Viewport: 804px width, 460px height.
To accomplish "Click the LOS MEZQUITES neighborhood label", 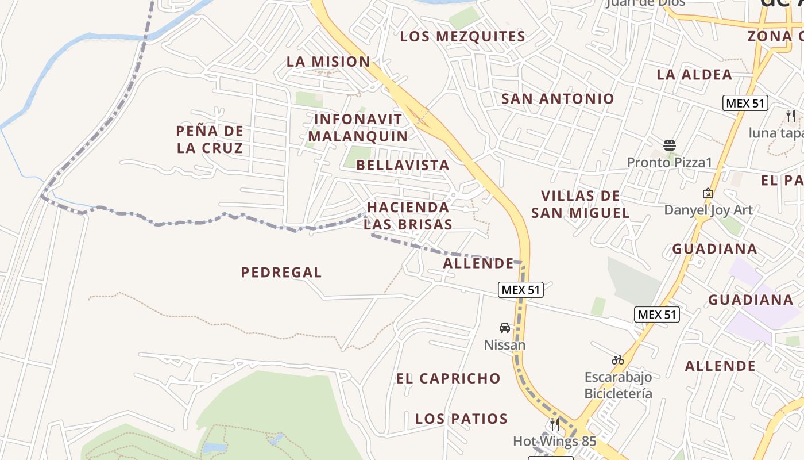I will tap(462, 36).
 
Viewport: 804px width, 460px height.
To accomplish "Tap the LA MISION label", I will tap(328, 62).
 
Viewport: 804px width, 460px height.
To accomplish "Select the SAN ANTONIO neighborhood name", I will tap(558, 98).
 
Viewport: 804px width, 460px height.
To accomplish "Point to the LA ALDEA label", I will tap(694, 74).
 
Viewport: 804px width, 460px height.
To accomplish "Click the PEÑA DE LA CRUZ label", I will tap(210, 139).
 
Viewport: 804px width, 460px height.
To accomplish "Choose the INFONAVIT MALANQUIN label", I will tap(358, 128).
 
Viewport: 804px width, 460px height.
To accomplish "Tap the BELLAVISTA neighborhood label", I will tap(403, 165).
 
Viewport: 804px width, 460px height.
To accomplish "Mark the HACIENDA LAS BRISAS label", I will tap(408, 216).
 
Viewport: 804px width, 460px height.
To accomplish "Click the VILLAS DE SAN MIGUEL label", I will tap(580, 204).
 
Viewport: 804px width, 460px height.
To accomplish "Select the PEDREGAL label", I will tap(281, 272).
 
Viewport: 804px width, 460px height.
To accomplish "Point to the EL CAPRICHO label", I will tap(449, 378).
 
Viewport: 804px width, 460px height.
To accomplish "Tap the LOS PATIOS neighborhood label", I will tap(461, 419).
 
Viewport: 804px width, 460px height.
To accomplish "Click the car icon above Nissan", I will tap(505, 328).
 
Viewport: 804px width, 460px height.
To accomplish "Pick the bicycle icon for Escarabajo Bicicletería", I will tap(618, 361).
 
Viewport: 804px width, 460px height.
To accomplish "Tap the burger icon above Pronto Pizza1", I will tap(669, 145).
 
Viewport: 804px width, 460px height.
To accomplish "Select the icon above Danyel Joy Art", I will tap(708, 193).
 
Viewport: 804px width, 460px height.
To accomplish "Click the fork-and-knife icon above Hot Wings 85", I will tap(555, 424).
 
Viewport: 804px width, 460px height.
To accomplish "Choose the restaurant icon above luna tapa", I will tap(791, 116).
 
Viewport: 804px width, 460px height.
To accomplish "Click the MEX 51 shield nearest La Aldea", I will tap(745, 103).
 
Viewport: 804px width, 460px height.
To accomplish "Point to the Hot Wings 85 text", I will tap(555, 442).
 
